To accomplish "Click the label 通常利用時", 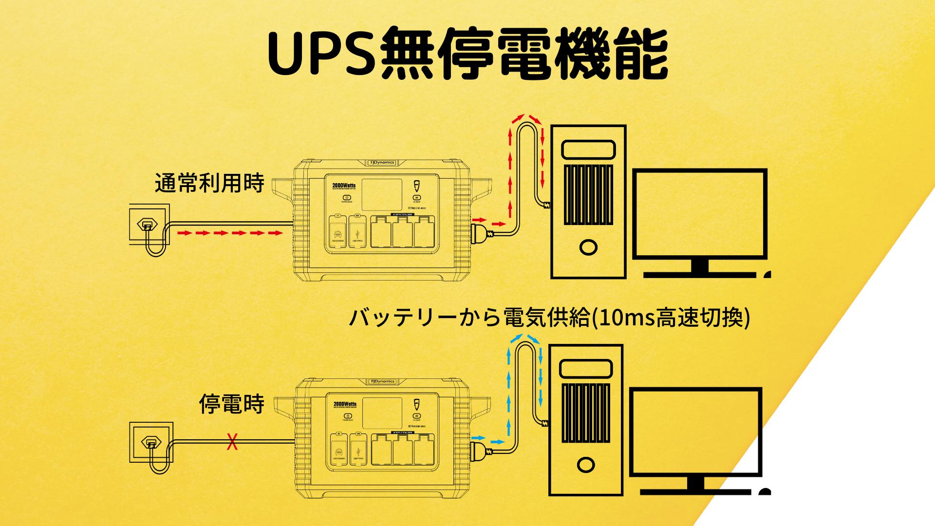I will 209,184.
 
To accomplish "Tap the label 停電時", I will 232,404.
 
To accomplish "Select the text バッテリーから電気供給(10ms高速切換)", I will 549,318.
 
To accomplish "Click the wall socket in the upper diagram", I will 149,224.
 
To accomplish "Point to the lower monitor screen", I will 695,432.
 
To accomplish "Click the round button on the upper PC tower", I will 588,247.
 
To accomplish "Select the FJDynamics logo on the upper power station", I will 381,163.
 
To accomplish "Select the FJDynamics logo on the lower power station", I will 382,381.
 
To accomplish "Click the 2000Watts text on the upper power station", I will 344,186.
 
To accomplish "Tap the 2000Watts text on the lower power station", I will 345,404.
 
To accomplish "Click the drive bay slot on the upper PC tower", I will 588,149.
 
